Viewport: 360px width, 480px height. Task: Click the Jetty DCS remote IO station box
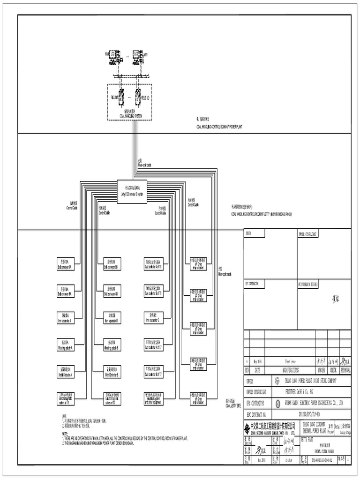click(131, 192)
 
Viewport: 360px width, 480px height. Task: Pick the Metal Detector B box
click(112, 373)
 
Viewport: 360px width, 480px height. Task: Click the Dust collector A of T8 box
click(154, 264)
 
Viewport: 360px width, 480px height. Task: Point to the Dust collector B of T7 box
click(154, 373)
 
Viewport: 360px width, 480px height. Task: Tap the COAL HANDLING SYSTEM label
click(129, 115)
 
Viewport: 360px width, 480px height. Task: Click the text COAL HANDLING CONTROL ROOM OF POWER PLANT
click(219, 127)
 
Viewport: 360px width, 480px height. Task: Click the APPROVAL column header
click(345, 370)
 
